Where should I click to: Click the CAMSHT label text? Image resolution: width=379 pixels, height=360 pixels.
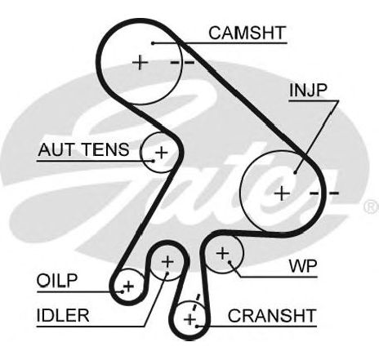[247, 33]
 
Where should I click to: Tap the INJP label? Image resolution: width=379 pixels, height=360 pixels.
[308, 90]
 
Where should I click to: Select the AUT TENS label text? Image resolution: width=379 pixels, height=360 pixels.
[83, 149]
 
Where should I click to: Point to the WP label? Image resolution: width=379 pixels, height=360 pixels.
[303, 266]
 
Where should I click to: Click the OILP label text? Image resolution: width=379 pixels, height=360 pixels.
[57, 280]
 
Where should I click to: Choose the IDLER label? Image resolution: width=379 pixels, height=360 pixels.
[63, 315]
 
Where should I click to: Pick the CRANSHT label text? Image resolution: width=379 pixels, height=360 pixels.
[272, 315]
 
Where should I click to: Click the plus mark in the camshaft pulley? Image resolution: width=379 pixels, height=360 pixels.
[140, 63]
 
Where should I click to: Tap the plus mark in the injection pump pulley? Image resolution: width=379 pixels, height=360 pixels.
[282, 193]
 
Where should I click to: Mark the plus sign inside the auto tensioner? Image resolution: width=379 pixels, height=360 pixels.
[162, 153]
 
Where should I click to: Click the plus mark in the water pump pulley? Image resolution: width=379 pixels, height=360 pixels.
[223, 253]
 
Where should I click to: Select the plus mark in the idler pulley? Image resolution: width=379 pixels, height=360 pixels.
[167, 262]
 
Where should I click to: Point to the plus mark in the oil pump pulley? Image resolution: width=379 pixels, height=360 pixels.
[128, 287]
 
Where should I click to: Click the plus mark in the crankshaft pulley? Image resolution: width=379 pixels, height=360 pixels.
[189, 319]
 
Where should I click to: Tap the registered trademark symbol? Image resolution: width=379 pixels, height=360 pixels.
[371, 207]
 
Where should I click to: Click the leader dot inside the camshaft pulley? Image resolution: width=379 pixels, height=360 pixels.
[153, 43]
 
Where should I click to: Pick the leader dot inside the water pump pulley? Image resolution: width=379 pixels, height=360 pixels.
[230, 262]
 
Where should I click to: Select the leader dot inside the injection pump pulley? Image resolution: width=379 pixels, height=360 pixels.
[295, 172]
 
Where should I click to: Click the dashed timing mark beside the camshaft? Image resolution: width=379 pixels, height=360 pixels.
[182, 63]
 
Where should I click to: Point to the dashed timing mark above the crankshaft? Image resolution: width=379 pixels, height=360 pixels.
[196, 303]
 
